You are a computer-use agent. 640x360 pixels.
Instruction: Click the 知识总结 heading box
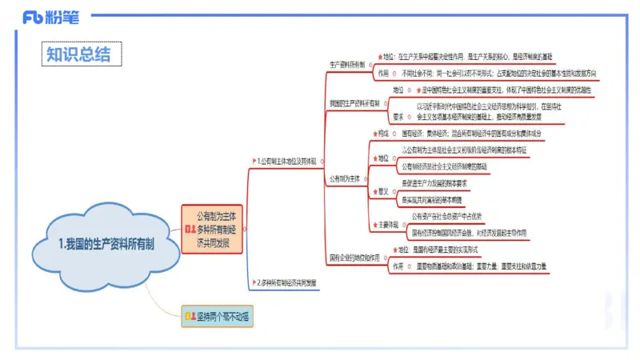[x=83, y=54]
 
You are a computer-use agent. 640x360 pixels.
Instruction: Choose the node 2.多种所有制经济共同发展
[x=288, y=282]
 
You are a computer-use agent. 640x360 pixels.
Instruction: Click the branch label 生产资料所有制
[x=347, y=64]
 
